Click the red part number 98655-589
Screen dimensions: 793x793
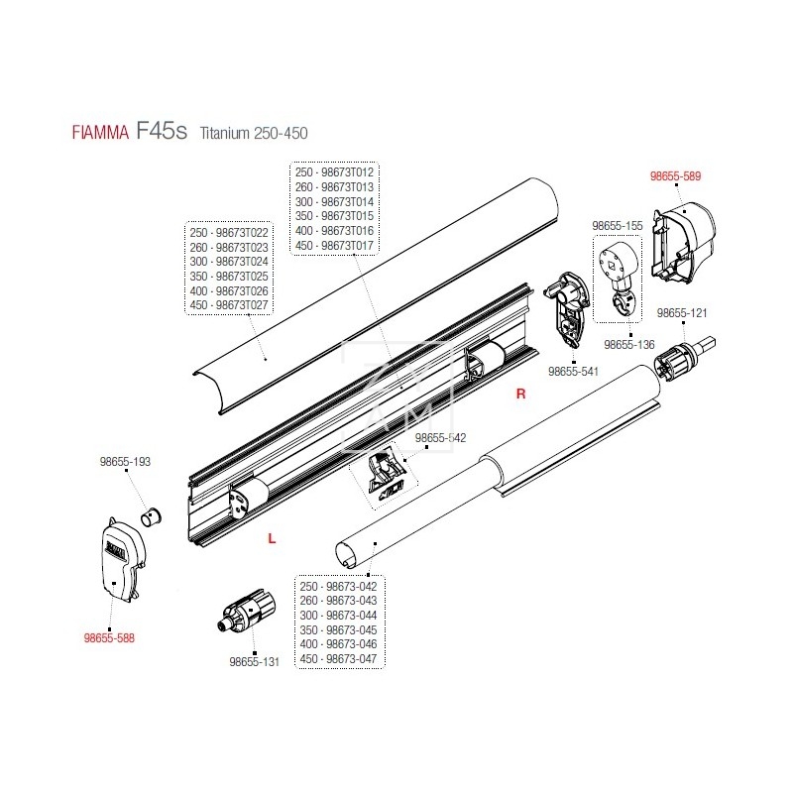(x=675, y=176)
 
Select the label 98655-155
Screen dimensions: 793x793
(x=618, y=226)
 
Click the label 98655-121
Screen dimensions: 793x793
(x=683, y=312)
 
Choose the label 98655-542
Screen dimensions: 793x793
(x=440, y=437)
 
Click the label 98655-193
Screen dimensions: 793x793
(x=125, y=462)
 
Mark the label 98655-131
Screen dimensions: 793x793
(x=255, y=661)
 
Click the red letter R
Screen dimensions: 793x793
(x=518, y=395)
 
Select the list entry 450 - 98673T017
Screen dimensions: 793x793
(x=332, y=244)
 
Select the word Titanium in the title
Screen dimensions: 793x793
(x=227, y=132)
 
